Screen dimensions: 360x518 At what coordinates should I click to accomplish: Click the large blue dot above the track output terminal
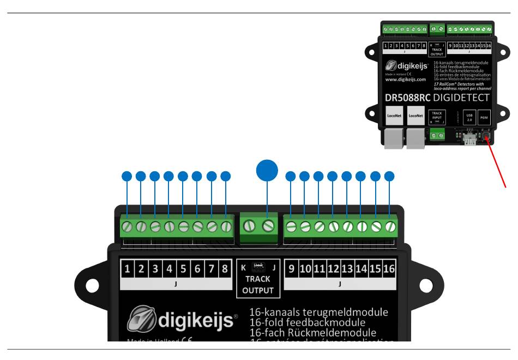point(267,170)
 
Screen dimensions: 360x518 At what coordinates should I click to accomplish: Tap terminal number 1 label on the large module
point(127,268)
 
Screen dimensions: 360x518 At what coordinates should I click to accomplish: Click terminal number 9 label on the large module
point(291,268)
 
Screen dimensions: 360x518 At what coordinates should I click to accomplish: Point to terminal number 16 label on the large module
point(389,268)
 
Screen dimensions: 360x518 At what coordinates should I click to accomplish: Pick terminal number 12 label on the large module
point(333,268)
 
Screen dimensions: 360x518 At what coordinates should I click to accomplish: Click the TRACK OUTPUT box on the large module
point(258,278)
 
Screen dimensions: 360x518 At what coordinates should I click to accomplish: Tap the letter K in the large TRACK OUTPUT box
point(243,267)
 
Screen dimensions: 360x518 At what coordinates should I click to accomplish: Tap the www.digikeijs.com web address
point(406,79)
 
